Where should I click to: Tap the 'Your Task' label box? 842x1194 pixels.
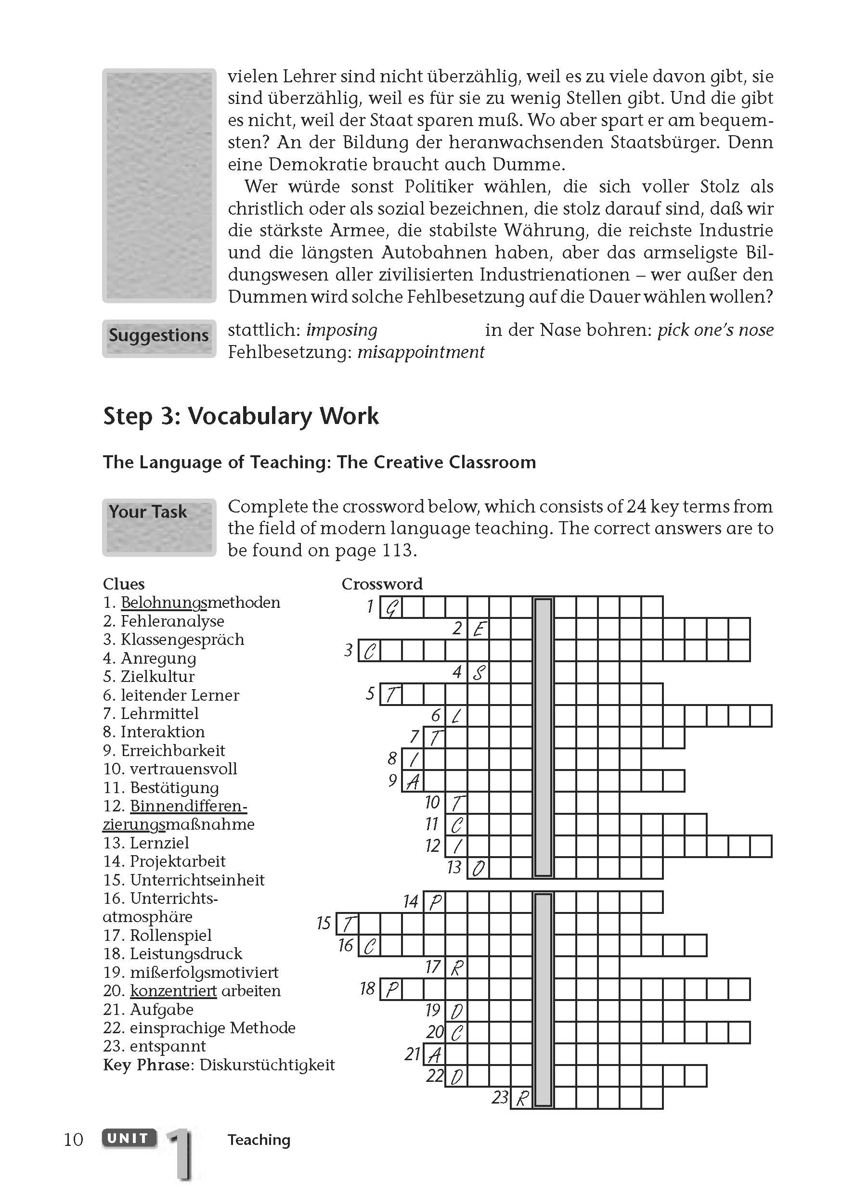[x=158, y=526]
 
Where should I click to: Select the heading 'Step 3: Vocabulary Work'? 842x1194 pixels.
[x=241, y=416]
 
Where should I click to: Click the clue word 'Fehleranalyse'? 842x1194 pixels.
[x=172, y=621]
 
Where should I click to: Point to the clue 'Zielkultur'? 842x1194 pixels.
[x=157, y=677]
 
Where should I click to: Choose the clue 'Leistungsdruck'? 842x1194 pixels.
[x=186, y=954]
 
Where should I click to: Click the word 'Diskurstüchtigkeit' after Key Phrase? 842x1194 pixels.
[x=267, y=1065]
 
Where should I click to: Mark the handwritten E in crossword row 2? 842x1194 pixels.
[x=478, y=629]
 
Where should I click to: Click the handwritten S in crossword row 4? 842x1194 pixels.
[x=478, y=673]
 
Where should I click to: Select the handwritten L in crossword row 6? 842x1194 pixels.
[x=456, y=717]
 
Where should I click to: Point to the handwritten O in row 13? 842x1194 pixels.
[x=478, y=868]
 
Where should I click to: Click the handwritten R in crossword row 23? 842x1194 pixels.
[x=522, y=1098]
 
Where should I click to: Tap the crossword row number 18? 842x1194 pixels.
[x=367, y=989]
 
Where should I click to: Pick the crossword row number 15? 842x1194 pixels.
[x=324, y=923]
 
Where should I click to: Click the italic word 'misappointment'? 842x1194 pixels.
[x=421, y=353]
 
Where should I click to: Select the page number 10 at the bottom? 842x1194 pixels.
[x=73, y=1140]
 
